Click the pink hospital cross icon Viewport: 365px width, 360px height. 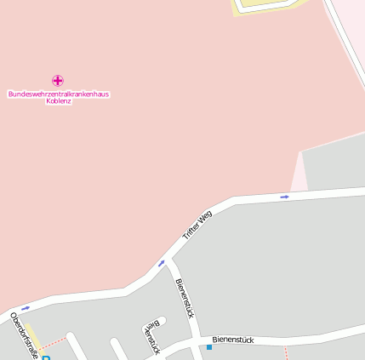[58, 80]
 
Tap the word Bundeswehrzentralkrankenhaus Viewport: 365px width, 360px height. [59, 94]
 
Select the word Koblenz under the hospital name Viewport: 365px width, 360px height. [59, 101]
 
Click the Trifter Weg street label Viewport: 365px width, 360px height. [197, 225]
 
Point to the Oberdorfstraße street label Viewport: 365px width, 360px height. [23, 335]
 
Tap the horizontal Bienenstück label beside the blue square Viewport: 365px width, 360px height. [233, 340]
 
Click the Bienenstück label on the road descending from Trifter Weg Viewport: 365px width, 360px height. [185, 297]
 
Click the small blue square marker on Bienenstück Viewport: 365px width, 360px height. [209, 347]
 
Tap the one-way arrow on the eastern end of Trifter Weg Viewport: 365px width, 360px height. [284, 197]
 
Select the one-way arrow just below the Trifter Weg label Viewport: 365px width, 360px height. [162, 263]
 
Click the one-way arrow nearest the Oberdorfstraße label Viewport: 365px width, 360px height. [26, 307]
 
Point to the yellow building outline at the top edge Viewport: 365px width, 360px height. [267, 6]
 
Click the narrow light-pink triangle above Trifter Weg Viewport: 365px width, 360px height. [299, 176]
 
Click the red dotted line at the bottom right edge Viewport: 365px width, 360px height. [287, 352]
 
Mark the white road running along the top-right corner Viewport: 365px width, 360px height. [344, 43]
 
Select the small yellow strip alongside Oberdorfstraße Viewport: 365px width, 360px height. [31, 334]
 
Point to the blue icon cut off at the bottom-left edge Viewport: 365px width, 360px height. [46, 357]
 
